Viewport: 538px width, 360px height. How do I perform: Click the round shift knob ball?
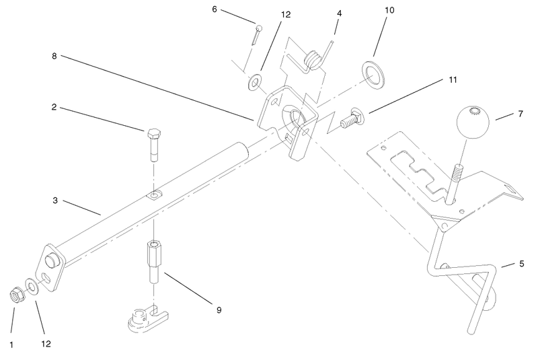(x=473, y=122)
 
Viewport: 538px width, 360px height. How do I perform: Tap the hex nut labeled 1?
(x=15, y=295)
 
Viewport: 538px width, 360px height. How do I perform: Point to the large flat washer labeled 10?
(x=373, y=74)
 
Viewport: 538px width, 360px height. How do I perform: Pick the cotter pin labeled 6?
(x=256, y=35)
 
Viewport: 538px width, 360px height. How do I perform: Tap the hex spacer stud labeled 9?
(x=153, y=262)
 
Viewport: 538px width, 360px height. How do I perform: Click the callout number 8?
(x=54, y=56)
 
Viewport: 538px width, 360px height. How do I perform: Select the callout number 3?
(x=55, y=201)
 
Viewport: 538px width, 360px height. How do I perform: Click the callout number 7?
(x=521, y=114)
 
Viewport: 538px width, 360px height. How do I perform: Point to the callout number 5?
(x=522, y=264)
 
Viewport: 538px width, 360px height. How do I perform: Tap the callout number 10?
(x=389, y=10)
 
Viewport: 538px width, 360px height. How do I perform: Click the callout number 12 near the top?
(x=285, y=14)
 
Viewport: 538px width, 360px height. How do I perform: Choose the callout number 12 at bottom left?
(x=46, y=344)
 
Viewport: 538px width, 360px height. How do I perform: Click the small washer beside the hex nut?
(x=32, y=287)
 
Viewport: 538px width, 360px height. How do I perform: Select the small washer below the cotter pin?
(x=254, y=82)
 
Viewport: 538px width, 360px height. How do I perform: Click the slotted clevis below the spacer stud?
(x=148, y=319)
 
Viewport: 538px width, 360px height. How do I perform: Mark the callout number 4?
(x=340, y=13)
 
